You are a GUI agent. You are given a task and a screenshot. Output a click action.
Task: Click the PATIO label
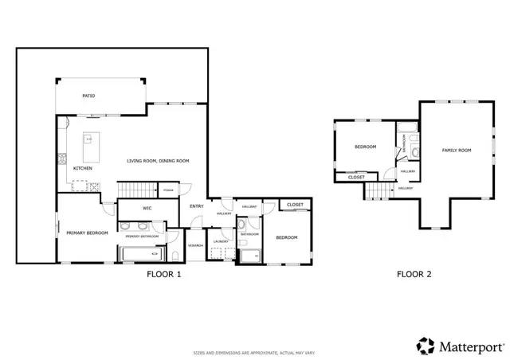89,96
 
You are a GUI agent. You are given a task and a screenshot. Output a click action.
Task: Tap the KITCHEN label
83,169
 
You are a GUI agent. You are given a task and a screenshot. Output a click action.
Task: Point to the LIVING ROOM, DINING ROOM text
158,161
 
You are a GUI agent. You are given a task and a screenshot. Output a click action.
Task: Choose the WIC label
147,208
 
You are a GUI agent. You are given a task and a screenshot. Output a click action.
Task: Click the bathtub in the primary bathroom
144,255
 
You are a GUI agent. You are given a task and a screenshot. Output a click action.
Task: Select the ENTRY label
196,207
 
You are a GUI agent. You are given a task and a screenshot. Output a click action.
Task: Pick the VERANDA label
195,245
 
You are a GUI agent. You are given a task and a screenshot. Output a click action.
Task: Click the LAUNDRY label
221,241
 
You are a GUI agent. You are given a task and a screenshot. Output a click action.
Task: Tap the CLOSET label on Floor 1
295,205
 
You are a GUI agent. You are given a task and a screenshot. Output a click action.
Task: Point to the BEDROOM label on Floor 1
286,237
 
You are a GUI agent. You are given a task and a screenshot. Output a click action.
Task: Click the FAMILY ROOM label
457,151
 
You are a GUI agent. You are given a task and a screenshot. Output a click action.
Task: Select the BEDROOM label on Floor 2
365,147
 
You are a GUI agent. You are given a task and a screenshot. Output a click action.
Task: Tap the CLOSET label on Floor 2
356,177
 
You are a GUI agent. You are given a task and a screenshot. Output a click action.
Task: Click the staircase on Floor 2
380,191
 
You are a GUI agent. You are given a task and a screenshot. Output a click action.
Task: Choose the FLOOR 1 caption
164,275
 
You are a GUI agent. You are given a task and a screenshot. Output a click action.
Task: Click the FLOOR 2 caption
414,275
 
